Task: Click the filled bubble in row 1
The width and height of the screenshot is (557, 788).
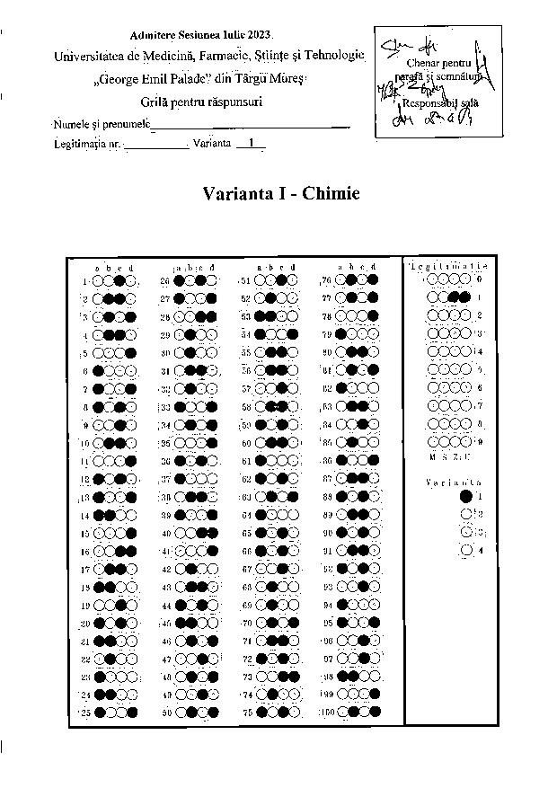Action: [119, 281]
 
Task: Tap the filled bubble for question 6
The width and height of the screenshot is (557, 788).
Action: [97, 370]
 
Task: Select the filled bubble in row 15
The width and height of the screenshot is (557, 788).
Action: [131, 533]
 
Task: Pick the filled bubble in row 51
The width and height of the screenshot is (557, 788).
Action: [294, 280]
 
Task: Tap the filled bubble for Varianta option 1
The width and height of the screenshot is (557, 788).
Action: [465, 496]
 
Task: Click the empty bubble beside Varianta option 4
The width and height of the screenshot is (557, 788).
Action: [465, 550]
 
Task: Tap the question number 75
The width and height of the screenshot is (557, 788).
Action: [247, 713]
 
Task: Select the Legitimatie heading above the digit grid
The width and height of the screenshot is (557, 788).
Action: [447, 267]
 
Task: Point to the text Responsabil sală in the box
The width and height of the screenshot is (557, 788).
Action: [429, 102]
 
